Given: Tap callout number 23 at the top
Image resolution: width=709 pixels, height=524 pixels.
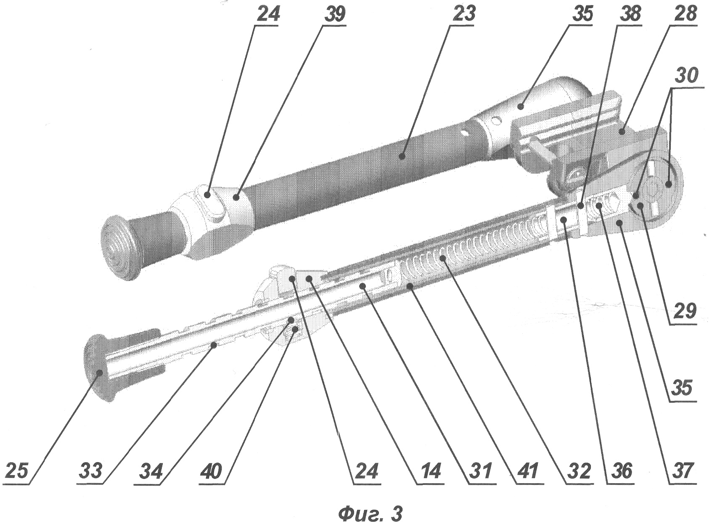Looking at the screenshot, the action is pyautogui.click(x=463, y=14).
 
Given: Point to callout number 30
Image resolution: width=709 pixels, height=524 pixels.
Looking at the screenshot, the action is pyautogui.click(x=686, y=75).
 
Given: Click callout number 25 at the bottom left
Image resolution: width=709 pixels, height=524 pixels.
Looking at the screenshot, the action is pyautogui.click(x=17, y=470).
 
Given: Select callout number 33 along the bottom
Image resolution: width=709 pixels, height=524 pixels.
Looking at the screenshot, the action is pyautogui.click(x=90, y=470).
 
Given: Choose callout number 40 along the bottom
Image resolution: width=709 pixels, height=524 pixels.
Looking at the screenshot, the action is pyautogui.click(x=211, y=470).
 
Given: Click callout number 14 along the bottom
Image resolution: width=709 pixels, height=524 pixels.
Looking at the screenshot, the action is pyautogui.click(x=430, y=470).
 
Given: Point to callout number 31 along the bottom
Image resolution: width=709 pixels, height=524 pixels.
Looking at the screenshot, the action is pyautogui.click(x=481, y=470).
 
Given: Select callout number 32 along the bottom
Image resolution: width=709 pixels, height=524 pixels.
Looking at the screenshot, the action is pyautogui.click(x=579, y=470).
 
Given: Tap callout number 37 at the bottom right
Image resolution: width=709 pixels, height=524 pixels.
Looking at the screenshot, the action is pyautogui.click(x=683, y=470).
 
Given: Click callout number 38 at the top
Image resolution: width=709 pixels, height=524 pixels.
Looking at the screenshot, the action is pyautogui.click(x=629, y=14).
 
